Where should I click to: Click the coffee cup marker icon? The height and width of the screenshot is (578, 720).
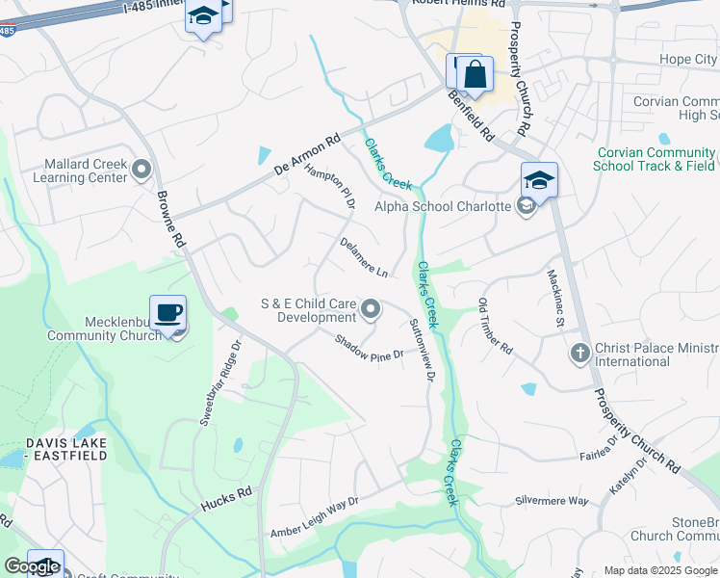[x=167, y=313]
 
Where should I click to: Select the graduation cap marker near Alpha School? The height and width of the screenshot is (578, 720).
[x=539, y=180]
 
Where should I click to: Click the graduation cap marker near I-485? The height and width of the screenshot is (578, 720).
[x=203, y=17]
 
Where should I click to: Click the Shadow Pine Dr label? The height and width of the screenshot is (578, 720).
[x=368, y=348]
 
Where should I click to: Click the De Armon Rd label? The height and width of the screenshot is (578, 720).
[x=307, y=154]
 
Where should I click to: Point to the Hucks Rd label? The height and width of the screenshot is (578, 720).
[x=226, y=498]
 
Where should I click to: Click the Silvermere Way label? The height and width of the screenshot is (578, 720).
[x=552, y=501]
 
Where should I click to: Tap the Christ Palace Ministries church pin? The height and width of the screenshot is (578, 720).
[x=580, y=353]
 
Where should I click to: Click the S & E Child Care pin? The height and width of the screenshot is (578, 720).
[x=372, y=310]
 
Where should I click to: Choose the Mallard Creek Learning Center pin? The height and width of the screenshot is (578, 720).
[x=142, y=171]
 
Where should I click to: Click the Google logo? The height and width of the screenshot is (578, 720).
[x=32, y=566]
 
